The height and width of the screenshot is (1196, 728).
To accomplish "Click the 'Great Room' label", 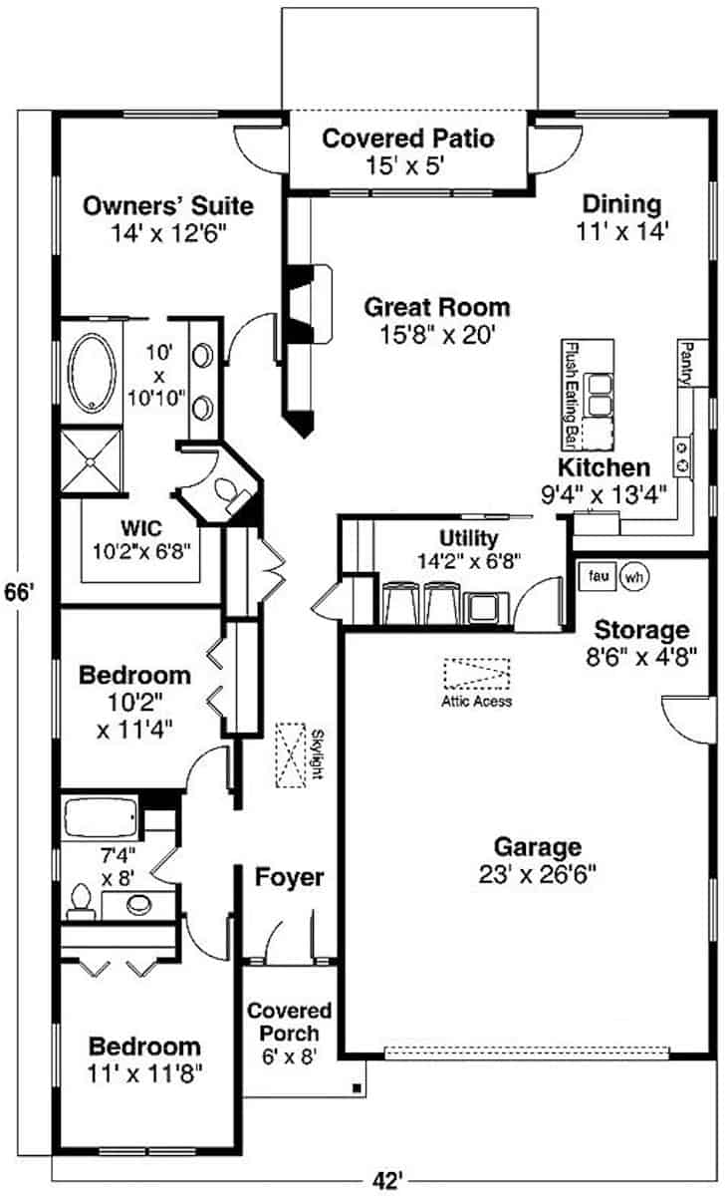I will [x=436, y=307].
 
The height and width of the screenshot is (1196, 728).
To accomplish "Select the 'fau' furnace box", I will [x=598, y=576].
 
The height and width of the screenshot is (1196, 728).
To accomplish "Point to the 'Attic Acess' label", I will [x=477, y=702].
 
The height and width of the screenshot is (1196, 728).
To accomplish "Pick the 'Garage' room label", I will [x=538, y=847].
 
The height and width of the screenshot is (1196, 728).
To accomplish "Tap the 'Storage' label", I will [x=641, y=630].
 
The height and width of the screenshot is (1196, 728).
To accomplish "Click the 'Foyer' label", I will [x=289, y=877].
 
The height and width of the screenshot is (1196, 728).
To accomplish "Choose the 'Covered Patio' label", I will [x=407, y=138].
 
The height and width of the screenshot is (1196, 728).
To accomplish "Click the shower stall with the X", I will [x=92, y=460].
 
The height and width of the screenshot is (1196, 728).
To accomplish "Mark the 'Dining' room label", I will [x=621, y=204].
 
